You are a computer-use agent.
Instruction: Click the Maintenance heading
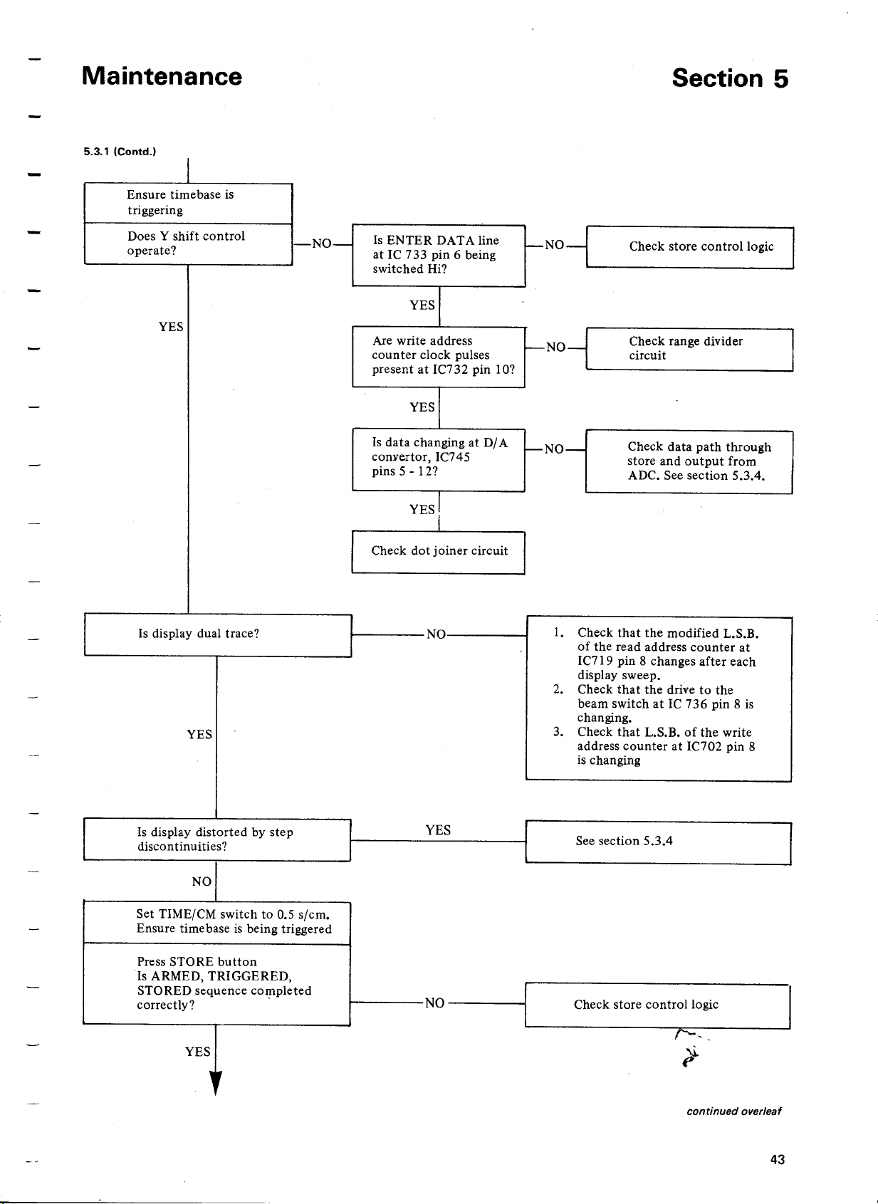pyautogui.click(x=162, y=76)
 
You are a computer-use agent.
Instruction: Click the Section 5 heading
pyautogui.click(x=730, y=78)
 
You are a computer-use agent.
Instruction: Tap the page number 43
pyautogui.click(x=778, y=1159)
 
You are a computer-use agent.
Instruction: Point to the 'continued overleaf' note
pyautogui.click(x=734, y=1111)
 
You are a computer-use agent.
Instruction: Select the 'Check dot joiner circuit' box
pyautogui.click(x=438, y=553)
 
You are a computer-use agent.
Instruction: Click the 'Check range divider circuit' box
pyautogui.click(x=689, y=350)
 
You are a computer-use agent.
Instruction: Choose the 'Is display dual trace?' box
pyautogui.click(x=218, y=635)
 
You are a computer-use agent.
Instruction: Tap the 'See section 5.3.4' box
pyautogui.click(x=658, y=842)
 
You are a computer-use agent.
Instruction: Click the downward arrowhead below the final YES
pyautogui.click(x=216, y=1082)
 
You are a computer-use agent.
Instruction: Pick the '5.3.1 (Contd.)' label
pyautogui.click(x=120, y=152)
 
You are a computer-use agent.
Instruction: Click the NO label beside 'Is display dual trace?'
pyautogui.click(x=436, y=634)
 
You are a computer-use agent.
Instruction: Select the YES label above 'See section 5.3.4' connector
pyautogui.click(x=438, y=830)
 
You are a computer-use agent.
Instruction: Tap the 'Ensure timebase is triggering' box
pyautogui.click(x=188, y=203)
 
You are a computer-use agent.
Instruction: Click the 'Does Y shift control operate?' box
pyautogui.click(x=188, y=244)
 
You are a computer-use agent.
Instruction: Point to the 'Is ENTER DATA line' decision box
pyautogui.click(x=439, y=256)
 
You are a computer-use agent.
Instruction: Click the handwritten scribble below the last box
pyautogui.click(x=691, y=1047)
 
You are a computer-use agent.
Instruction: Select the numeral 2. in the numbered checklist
pyautogui.click(x=558, y=689)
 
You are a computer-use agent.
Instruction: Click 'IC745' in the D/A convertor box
pyautogui.click(x=452, y=457)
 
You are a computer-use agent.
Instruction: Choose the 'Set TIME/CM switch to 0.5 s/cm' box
pyautogui.click(x=216, y=922)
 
